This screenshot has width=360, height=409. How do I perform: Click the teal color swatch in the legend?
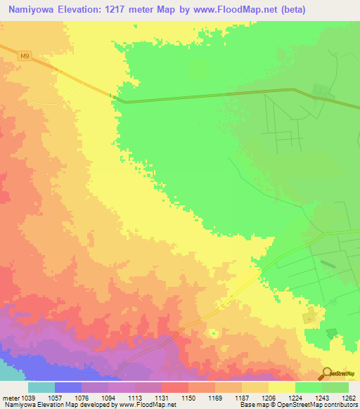coord(41,387)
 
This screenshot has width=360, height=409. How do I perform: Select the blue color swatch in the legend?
coord(68,387)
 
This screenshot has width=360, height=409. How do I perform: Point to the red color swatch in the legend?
coord(175,387)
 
